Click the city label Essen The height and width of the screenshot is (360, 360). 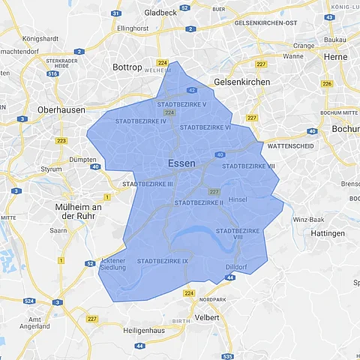click(182, 163)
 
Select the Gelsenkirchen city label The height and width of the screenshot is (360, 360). click(242, 81)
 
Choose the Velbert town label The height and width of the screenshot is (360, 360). click(207, 317)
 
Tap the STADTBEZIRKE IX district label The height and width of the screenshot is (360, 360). click(163, 260)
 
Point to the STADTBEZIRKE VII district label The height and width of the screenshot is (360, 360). click(250, 166)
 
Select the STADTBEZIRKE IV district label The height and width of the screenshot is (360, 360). click(141, 121)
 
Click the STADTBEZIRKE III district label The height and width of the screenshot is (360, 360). click(148, 184)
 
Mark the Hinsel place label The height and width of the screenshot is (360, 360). click(237, 200)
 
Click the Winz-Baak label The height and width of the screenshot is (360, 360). click(308, 219)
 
